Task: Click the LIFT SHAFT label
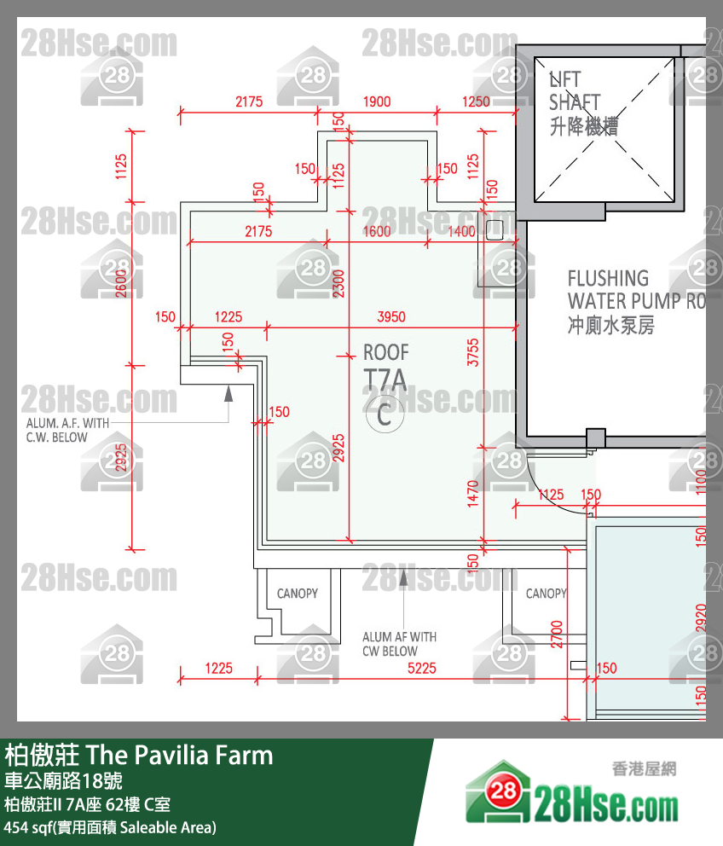[x=575, y=102]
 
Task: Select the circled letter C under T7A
[x=385, y=415]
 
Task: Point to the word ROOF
[x=385, y=352]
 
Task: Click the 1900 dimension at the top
[x=377, y=101]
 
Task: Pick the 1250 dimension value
[x=476, y=101]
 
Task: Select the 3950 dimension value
[x=391, y=317]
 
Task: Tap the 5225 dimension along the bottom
[x=421, y=669]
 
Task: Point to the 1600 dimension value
[x=377, y=231]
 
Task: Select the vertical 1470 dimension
[x=474, y=493]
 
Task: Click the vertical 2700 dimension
[x=557, y=634]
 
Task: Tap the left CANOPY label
[x=297, y=594]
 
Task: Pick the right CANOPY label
[x=546, y=594]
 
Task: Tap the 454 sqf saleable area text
[x=110, y=827]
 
